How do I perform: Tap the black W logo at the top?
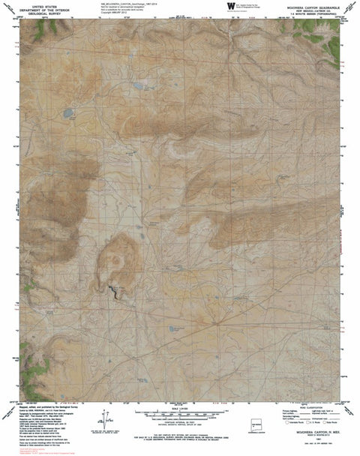[x=227, y=7]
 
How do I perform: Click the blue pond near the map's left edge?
[x=68, y=113]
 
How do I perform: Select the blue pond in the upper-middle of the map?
[x=137, y=88]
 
